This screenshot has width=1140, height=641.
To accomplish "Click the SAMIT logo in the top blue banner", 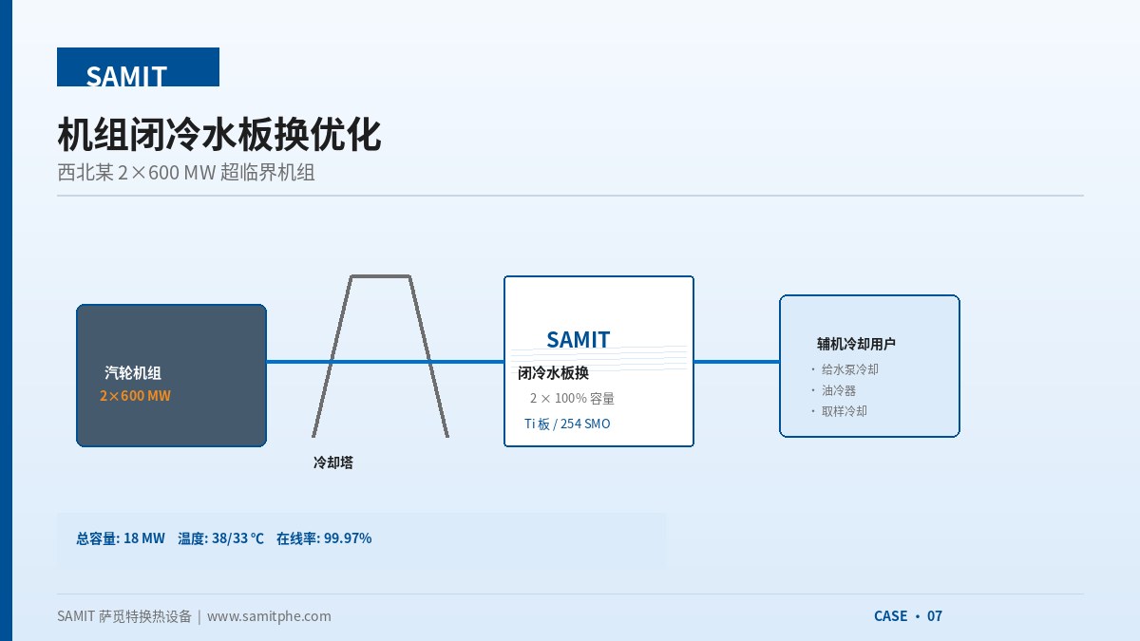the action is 126,76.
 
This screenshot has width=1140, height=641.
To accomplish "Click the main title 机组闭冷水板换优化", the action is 219,134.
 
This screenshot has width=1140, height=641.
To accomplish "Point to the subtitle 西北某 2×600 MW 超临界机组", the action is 186,173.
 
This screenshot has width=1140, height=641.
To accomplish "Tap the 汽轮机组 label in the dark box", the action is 133,373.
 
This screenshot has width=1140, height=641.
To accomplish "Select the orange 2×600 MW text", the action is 135,396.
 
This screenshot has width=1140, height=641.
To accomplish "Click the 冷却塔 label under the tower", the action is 333,462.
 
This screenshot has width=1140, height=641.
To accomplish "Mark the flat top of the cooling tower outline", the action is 381,276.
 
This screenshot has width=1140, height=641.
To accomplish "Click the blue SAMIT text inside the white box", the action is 579,340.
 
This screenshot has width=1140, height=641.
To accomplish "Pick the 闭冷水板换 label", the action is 553,373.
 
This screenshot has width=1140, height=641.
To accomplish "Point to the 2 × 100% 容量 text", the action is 572,398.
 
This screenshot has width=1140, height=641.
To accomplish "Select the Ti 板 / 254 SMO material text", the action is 567,424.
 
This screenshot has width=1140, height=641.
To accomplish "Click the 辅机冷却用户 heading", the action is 856,344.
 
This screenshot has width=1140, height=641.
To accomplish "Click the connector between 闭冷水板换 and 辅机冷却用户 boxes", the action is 736,362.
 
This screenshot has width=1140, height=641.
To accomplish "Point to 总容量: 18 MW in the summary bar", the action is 121,538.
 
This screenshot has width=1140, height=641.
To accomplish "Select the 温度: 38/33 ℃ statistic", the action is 220,538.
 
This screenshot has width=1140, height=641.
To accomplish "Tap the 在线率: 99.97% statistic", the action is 324,538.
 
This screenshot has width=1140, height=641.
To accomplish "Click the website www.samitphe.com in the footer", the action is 269,616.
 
